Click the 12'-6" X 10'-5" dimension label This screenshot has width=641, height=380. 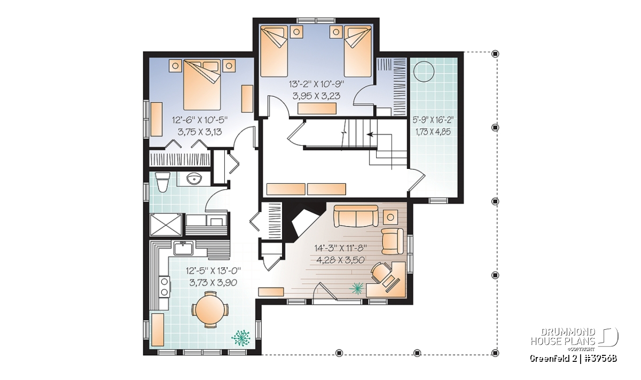(x=199, y=120)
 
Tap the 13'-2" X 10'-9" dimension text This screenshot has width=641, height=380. (x=316, y=84)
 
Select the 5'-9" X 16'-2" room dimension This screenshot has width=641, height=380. (x=433, y=119)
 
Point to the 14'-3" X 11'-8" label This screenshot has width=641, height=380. (x=341, y=247)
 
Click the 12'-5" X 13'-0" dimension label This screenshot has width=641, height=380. (x=213, y=270)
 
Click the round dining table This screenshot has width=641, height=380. (x=210, y=309)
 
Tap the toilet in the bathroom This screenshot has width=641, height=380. (x=163, y=182)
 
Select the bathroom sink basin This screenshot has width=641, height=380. (x=195, y=179)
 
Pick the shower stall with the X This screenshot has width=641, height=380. (x=166, y=225)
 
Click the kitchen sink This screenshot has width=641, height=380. (x=184, y=249)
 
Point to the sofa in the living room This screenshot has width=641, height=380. (x=356, y=216)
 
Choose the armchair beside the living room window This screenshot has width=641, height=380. (x=392, y=241)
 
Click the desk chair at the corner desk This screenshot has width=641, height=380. (x=380, y=272)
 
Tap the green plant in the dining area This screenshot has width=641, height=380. (x=241, y=338)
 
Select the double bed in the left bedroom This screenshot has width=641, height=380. (x=202, y=85)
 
